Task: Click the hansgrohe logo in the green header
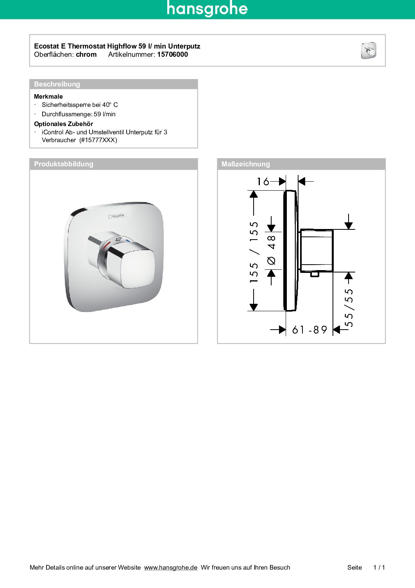pos(207,9)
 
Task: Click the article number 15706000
pos(172,54)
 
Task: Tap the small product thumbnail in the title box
pos(368,51)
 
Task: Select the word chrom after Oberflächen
pos(86,54)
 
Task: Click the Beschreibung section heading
pos(57,84)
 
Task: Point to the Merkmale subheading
pos(48,96)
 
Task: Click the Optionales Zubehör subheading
pos(63,124)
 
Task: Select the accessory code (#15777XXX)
pos(98,140)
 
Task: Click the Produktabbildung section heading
pos(64,164)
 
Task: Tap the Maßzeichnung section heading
pos(245,164)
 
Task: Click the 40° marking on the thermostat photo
pos(118,239)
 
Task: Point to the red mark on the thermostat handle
pos(106,246)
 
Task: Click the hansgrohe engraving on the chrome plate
pos(118,216)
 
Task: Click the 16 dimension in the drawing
pos(263,182)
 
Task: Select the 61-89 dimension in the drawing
pos(309,330)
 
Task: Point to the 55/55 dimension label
pos(349,308)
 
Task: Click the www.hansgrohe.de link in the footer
pos(170,568)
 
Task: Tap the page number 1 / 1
pos(379,568)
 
